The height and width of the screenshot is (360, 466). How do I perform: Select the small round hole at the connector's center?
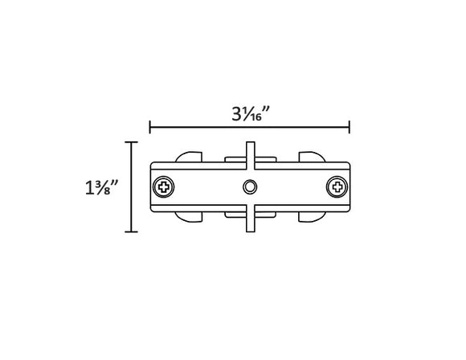click(251, 188)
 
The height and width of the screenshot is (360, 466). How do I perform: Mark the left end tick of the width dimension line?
click(150, 127)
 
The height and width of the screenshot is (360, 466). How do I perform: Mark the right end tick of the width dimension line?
click(349, 127)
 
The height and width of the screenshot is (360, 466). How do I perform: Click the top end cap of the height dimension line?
click(131, 141)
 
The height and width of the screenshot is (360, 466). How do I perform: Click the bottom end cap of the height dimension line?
click(131, 231)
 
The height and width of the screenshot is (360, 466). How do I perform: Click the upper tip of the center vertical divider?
click(251, 145)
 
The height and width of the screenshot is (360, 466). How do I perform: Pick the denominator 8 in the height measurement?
click(108, 192)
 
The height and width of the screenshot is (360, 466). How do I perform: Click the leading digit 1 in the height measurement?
click(88, 187)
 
